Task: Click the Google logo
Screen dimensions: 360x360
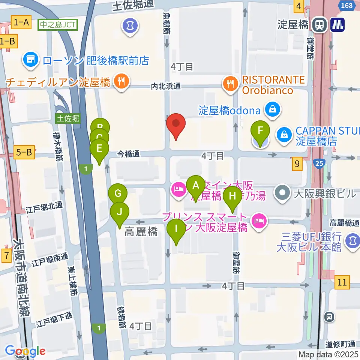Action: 25,351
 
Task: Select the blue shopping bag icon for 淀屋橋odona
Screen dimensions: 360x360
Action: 271,110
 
